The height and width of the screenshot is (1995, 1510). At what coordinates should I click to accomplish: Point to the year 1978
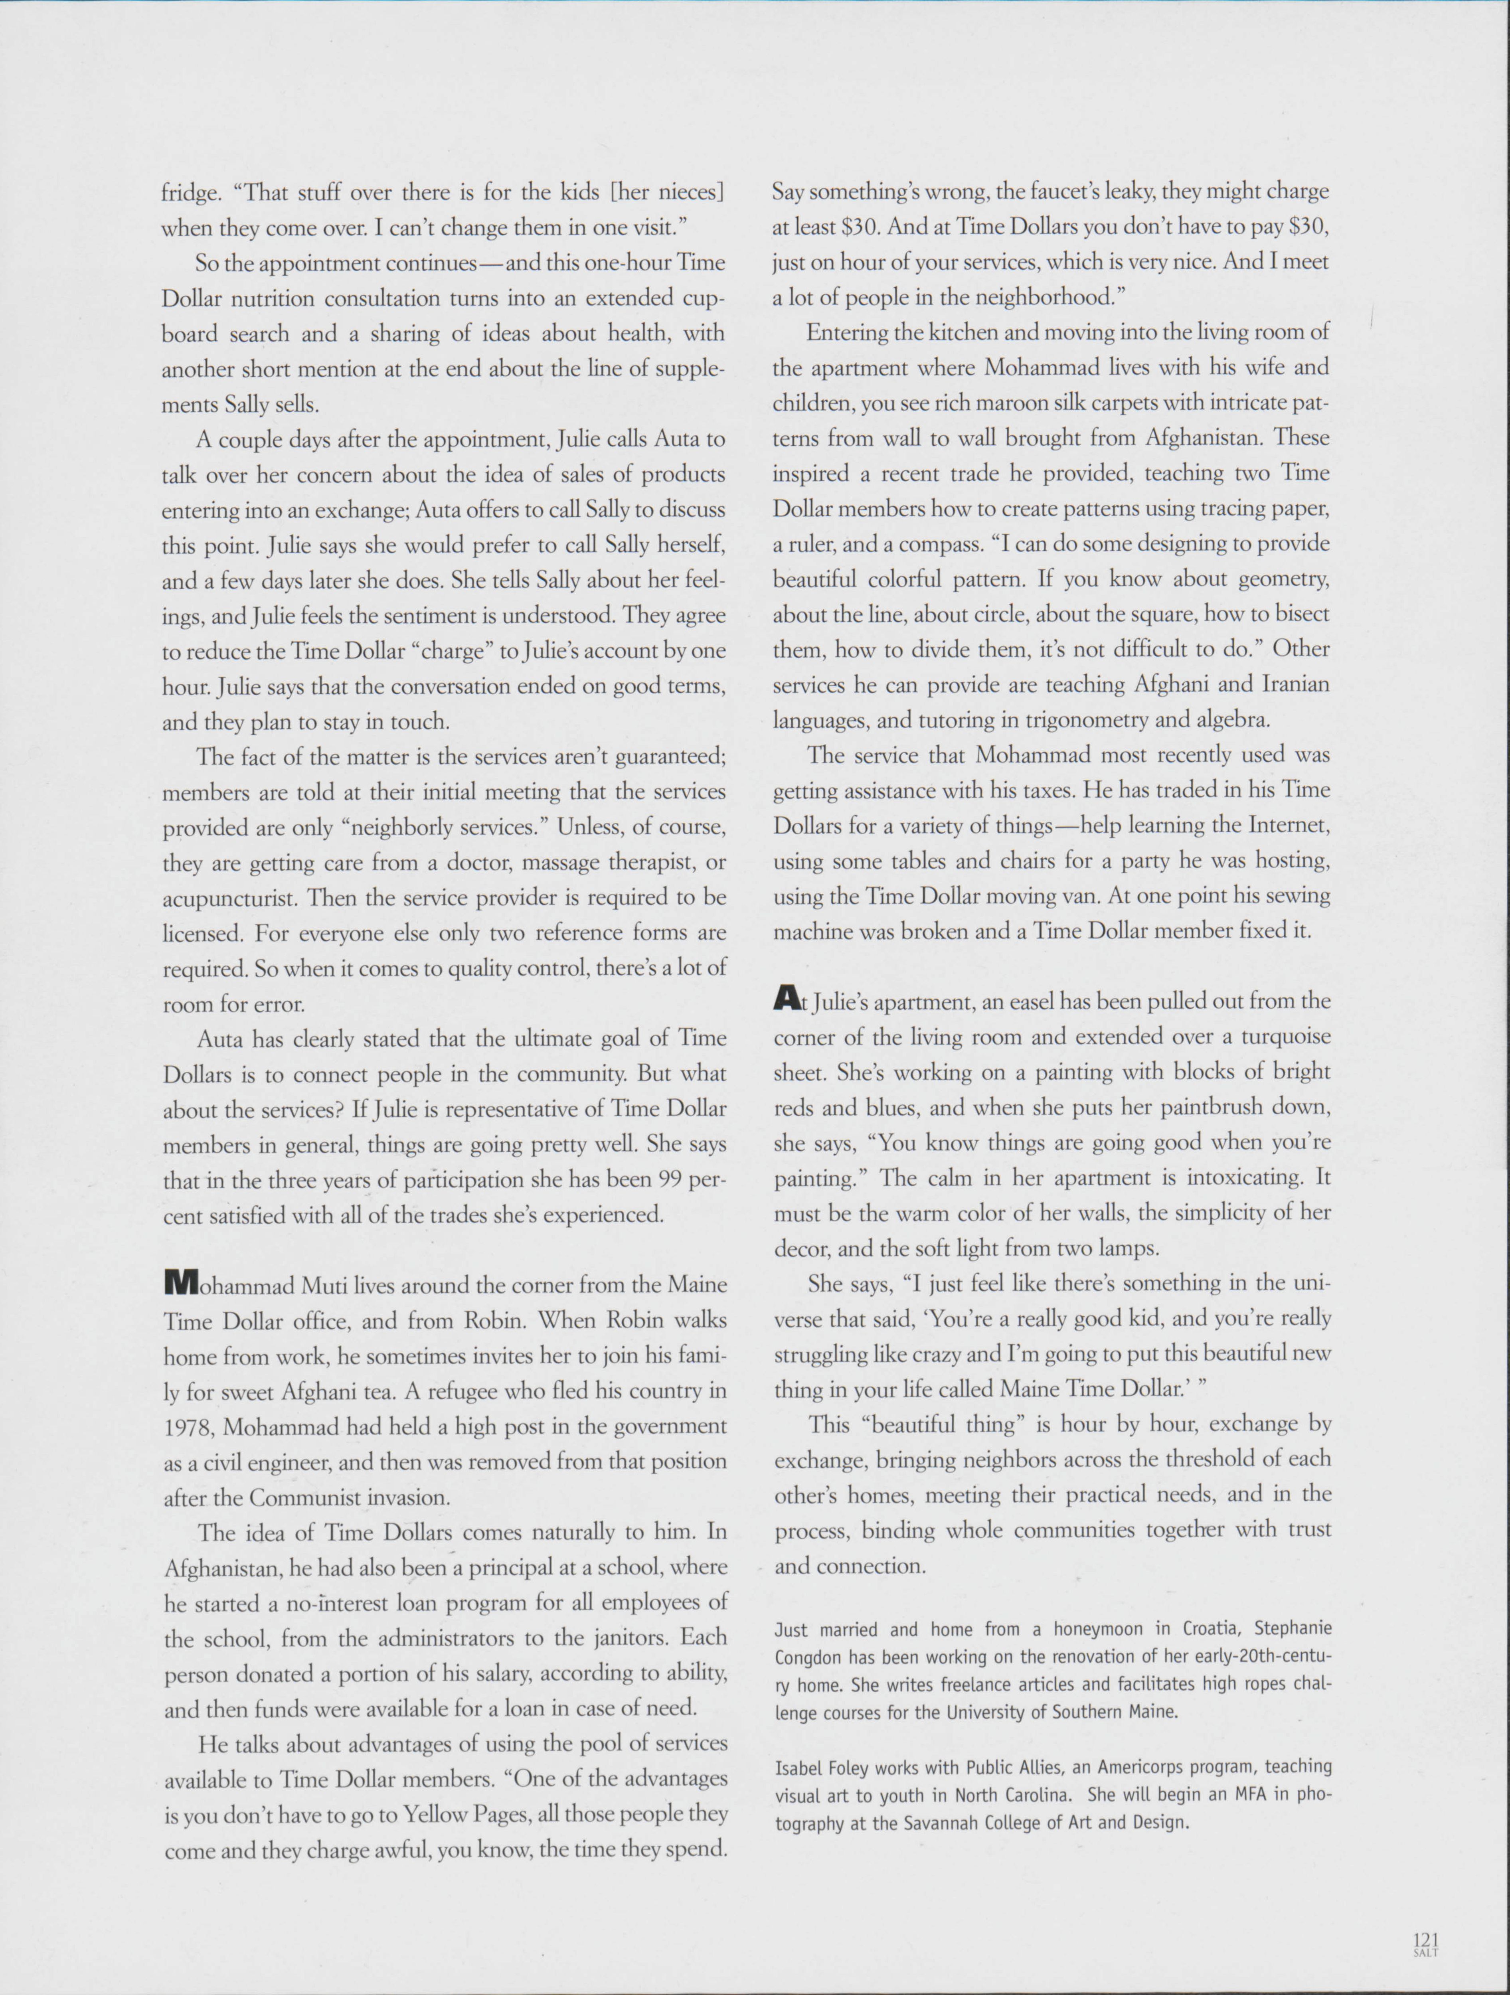pos(190,1427)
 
